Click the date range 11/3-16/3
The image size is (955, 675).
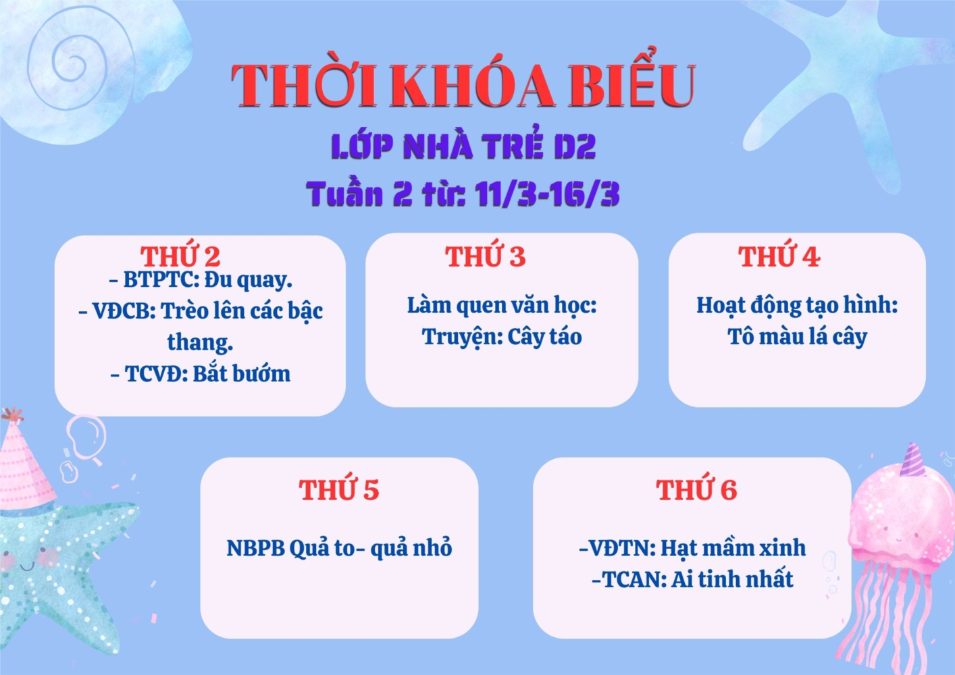[547, 194]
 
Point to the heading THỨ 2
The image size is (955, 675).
[180, 256]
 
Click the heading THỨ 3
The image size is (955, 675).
[485, 256]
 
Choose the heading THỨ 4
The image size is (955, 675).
[779, 256]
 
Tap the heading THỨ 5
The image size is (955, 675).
[338, 489]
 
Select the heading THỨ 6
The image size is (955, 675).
[696, 489]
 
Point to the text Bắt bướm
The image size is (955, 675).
[241, 374]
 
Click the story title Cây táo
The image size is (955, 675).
[544, 337]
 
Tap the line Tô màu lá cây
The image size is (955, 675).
[797, 337]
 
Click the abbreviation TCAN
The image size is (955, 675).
[633, 580]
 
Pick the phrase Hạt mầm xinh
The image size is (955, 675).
[733, 547]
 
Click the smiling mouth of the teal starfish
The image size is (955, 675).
[26, 567]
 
